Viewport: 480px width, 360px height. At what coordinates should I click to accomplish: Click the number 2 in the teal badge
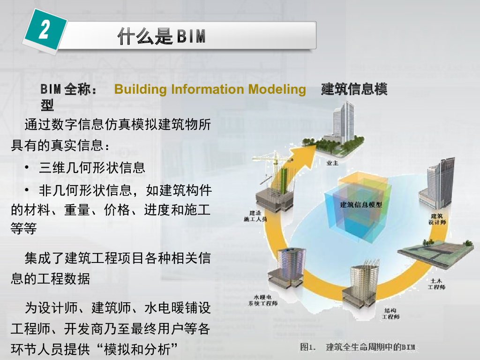point(44,30)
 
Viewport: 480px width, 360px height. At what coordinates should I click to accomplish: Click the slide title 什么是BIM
point(162,36)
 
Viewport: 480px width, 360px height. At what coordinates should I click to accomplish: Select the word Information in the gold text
point(205,89)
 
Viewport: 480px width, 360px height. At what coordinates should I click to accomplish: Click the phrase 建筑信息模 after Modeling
point(354,89)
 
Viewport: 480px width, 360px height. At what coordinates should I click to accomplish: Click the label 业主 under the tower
point(332,163)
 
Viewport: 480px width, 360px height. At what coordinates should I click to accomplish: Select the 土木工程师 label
point(436,284)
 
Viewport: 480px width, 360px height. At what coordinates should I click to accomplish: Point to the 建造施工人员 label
point(255,216)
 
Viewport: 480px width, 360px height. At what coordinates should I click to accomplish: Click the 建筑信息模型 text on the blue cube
point(361,204)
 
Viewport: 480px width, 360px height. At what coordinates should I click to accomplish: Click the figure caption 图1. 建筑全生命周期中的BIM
point(358,347)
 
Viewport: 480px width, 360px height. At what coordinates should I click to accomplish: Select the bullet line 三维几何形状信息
point(92,167)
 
